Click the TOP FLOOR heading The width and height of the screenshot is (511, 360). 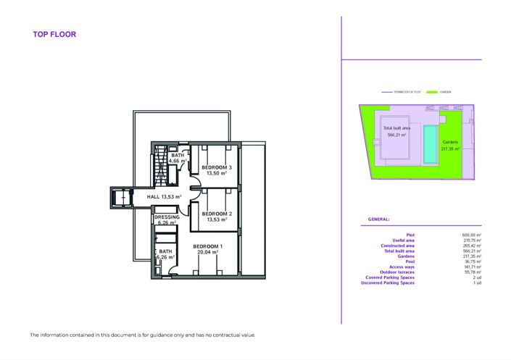tap(54, 35)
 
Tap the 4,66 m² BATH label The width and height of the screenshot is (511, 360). tap(178, 159)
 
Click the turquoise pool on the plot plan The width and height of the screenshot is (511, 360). tap(431, 144)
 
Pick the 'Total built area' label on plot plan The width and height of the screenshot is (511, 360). tap(396, 128)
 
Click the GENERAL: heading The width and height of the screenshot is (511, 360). tap(378, 219)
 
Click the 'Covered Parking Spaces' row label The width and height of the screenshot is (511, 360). tap(389, 277)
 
